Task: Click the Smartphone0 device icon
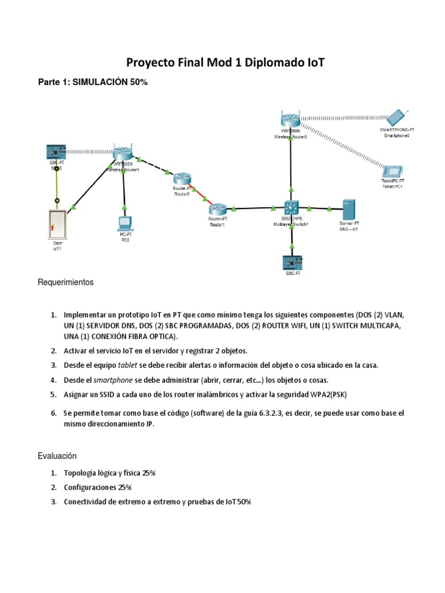point(397,118)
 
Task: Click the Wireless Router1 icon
point(123,153)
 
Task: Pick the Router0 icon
point(181,179)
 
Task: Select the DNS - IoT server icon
point(349,208)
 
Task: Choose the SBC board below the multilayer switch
point(291,262)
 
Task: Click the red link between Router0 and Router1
point(200,194)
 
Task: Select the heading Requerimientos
point(65,283)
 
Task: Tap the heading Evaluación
point(57,456)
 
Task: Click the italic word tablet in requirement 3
point(127,365)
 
